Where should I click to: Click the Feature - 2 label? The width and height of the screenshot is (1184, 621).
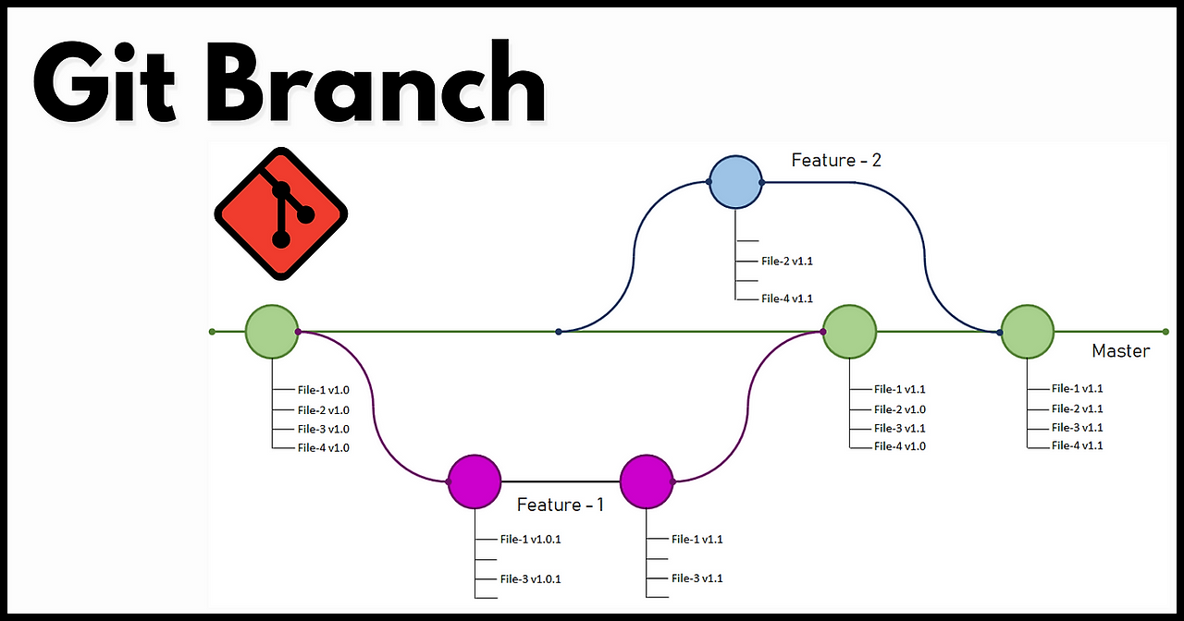point(836,161)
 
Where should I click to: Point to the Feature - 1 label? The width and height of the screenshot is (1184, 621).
point(560,505)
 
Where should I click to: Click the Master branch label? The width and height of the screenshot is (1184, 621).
point(1120,351)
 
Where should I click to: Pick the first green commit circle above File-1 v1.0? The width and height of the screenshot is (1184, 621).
point(272,331)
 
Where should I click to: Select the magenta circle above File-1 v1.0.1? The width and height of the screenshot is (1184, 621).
point(474,481)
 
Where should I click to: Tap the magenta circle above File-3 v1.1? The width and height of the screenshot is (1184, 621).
point(647,481)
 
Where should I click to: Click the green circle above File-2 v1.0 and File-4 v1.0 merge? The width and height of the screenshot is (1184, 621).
point(849,331)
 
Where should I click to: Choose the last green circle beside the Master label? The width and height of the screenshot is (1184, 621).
point(1027,331)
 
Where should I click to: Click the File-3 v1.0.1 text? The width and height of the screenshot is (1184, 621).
point(530,579)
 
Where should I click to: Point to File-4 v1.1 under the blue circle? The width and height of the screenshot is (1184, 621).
point(786,298)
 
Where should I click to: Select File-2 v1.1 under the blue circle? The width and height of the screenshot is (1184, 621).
point(786,262)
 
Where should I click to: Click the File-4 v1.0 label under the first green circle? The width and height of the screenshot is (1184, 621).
point(323,447)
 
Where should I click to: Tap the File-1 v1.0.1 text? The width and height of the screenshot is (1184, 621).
point(530,540)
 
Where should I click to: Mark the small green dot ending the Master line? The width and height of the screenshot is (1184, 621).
point(1165,331)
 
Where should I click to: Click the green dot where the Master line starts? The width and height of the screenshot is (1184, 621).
point(213,331)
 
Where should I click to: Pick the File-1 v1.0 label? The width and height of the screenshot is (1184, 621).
point(323,390)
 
